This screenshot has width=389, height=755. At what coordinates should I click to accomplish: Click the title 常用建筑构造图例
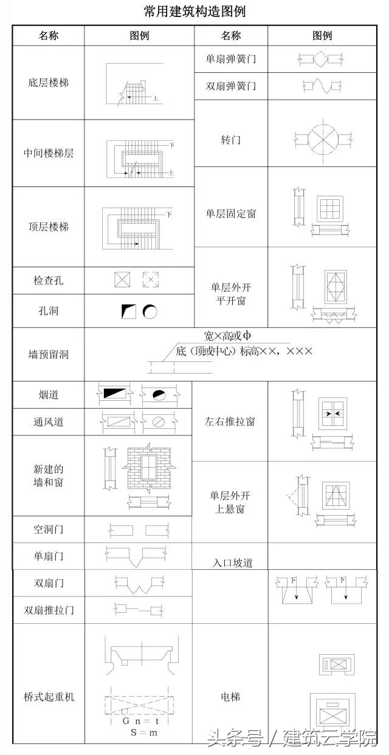coord(194,12)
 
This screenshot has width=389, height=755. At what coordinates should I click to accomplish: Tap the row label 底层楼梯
coord(49,82)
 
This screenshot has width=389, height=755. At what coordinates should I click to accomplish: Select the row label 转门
coord(231,140)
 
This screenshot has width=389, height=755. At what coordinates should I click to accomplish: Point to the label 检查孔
coord(49,281)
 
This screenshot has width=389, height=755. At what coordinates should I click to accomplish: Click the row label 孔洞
coord(49,311)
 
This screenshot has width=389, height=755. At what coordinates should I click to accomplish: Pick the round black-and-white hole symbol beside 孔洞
coord(150,312)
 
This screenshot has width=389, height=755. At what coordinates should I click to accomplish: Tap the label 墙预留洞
coord(49,354)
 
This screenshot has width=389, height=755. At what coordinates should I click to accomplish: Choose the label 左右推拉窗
coord(230,421)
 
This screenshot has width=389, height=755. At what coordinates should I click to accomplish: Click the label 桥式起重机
coord(49,697)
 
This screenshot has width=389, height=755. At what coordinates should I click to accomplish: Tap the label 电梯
coord(230,697)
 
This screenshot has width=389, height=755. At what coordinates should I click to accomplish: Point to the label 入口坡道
coord(230,563)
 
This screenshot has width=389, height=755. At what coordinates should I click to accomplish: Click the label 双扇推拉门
coord(49,609)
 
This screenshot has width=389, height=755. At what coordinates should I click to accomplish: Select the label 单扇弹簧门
coord(231,60)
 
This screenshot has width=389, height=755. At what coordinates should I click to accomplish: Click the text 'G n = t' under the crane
coord(140,721)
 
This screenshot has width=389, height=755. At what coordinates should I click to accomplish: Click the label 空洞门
coord(49,530)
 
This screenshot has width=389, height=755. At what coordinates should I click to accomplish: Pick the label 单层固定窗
coord(231,214)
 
